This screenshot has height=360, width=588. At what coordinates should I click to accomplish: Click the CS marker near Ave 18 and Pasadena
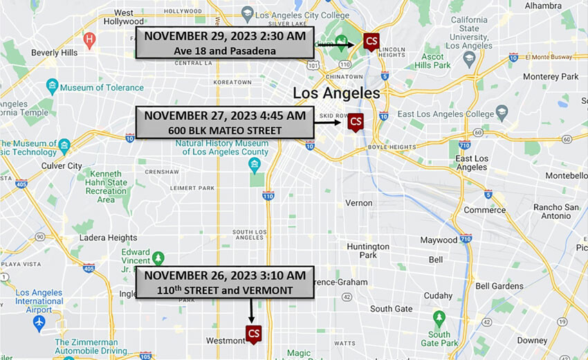[x=371, y=42]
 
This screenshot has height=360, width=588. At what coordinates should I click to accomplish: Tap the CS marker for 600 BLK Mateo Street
[x=356, y=123]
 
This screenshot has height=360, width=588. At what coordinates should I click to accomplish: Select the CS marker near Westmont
[x=254, y=334]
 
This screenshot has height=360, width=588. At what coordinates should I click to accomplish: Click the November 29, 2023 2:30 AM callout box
[x=224, y=43]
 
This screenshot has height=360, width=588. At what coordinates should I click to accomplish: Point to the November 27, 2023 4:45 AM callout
[x=224, y=123]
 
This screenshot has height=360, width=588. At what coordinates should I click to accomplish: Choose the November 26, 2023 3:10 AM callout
[x=224, y=282]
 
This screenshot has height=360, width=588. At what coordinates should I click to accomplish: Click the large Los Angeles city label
[x=336, y=93]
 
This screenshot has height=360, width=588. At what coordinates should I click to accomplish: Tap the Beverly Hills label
[x=55, y=53]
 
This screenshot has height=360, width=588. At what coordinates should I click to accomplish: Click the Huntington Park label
[x=368, y=251]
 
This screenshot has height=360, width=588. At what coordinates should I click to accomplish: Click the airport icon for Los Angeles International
[x=39, y=323]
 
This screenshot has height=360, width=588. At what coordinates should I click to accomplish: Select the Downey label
[x=532, y=341]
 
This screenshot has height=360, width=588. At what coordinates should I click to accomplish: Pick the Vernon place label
[x=359, y=203]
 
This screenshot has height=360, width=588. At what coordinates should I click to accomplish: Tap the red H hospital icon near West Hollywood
[x=89, y=39]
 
